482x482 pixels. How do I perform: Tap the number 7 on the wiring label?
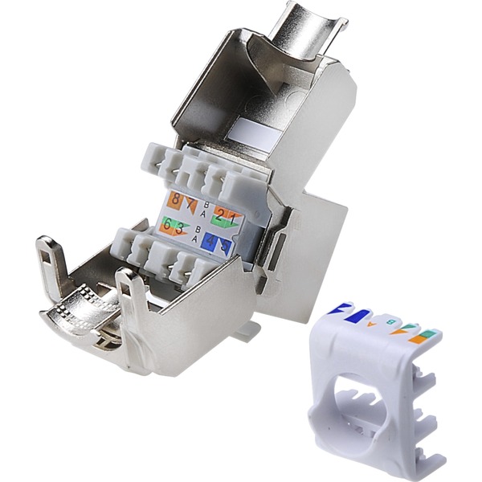click(190, 204)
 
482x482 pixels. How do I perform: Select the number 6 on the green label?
click(167, 224)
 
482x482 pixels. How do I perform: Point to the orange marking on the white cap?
click(419, 339)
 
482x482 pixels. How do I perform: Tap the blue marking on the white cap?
click(357, 316)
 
